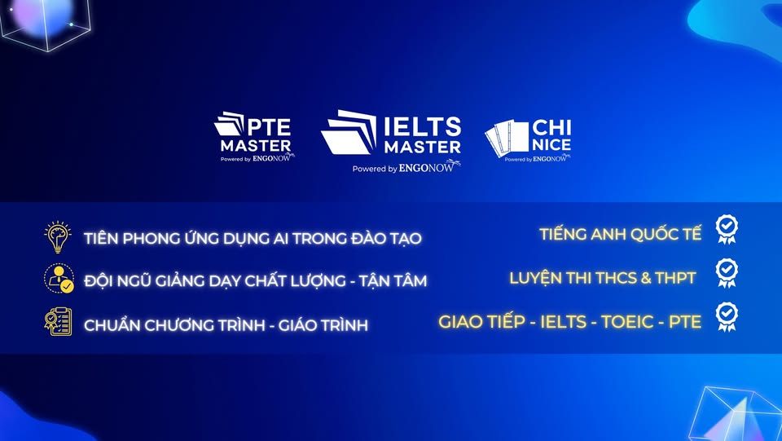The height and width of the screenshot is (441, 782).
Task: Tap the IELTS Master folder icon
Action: (x=349, y=132)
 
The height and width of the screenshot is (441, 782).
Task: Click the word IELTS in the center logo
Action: (x=423, y=127)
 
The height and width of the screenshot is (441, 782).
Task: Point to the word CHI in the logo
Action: (x=551, y=128)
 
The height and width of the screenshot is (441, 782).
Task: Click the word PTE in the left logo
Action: (x=269, y=127)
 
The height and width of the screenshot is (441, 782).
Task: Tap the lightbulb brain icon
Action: (x=58, y=236)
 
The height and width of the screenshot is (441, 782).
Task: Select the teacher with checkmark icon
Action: (x=59, y=278)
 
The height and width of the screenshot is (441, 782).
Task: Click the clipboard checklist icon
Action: (x=58, y=321)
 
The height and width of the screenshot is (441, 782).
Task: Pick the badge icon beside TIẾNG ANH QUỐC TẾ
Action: (x=727, y=229)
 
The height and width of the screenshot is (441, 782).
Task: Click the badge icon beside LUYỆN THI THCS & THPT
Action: (x=727, y=273)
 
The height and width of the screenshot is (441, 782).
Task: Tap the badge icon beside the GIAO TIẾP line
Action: (x=727, y=317)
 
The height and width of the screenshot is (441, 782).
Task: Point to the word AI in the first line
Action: (x=280, y=239)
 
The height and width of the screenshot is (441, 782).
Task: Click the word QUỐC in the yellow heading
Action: (x=645, y=234)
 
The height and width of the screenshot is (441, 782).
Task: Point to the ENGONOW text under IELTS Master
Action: (x=427, y=167)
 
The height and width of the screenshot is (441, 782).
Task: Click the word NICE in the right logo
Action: (x=551, y=145)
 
